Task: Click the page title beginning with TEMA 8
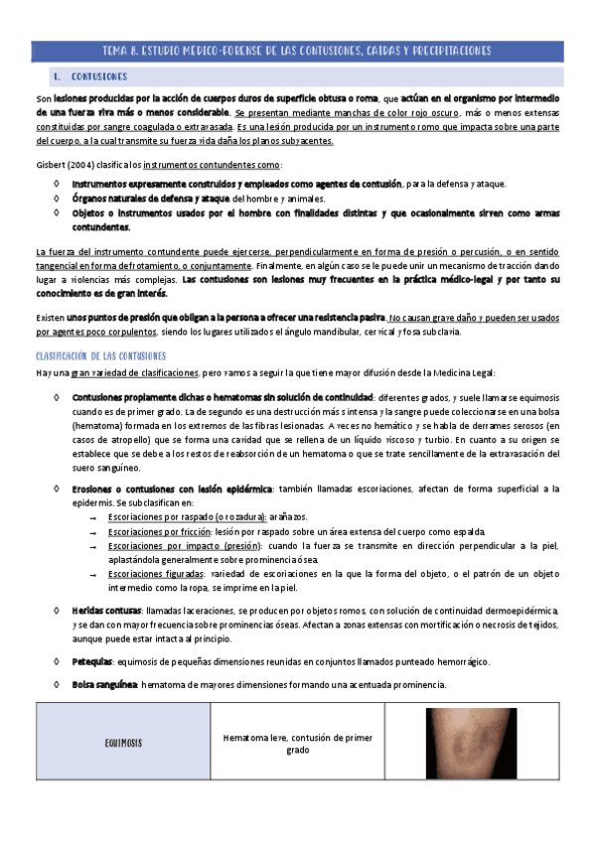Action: tap(297, 51)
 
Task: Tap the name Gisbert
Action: tap(51, 165)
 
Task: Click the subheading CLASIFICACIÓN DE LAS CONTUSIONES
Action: tap(100, 355)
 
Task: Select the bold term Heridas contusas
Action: tap(107, 609)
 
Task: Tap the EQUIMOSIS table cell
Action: tap(122, 743)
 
